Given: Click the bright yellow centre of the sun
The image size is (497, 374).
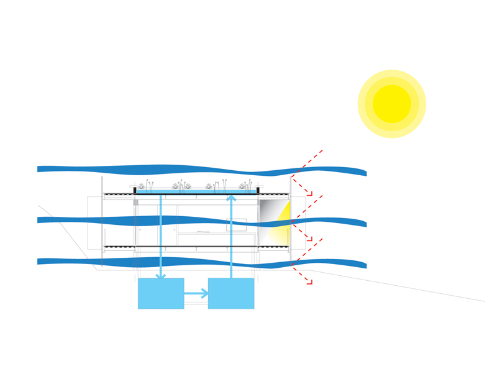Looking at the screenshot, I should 392,104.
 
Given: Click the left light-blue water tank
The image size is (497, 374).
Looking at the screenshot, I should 161,294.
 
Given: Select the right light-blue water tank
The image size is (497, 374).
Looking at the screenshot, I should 231,294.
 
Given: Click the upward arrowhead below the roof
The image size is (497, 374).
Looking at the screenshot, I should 231,198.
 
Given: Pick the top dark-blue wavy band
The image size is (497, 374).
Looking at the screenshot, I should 186,169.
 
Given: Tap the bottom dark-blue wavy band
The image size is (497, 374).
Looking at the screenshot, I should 186,262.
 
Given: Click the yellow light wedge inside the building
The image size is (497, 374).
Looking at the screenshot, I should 283,224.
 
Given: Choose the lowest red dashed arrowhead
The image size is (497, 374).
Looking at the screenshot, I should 309,282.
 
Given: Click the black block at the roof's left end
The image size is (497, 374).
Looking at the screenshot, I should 135,190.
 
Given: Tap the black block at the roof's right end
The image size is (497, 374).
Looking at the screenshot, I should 258,190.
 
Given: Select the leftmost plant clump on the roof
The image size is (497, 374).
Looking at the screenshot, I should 142,186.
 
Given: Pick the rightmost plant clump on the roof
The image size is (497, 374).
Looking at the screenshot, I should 243,186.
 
